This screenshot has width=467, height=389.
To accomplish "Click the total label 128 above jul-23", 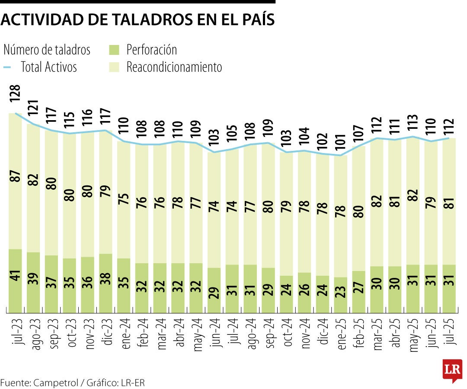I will (16, 93).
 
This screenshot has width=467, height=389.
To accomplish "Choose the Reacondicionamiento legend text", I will (174, 67).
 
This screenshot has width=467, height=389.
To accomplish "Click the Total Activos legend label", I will (48, 67).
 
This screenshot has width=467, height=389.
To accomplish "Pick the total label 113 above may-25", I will (413, 124).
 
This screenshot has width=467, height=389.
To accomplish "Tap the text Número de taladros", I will (47, 50).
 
